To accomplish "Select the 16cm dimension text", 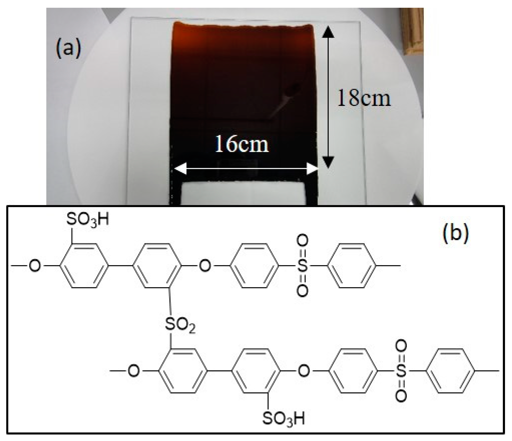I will (242, 144).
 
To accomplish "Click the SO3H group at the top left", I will (88, 220).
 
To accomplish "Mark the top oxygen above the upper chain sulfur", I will (302, 240).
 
